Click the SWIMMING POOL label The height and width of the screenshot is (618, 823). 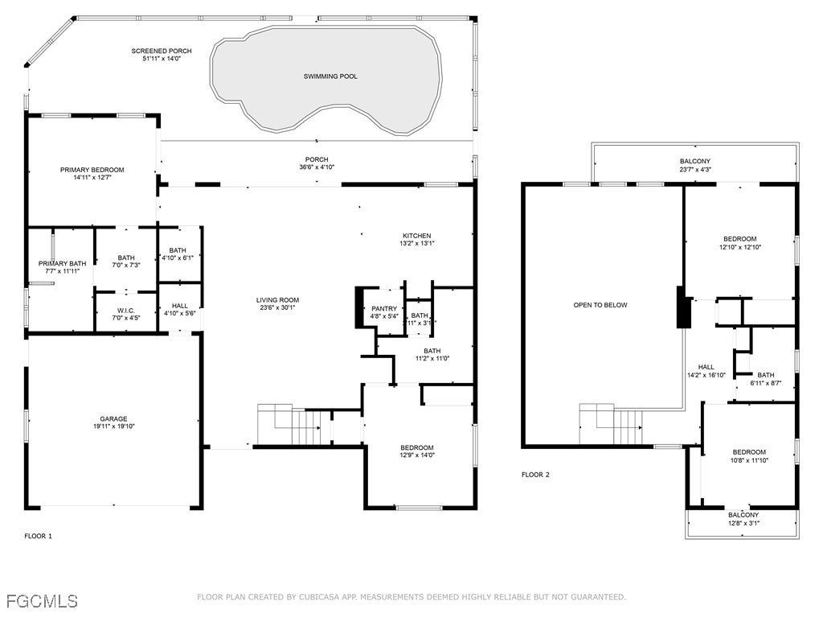[x=330, y=76]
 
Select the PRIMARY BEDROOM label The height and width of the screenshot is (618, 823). [x=92, y=170]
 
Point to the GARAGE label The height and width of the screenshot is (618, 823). [x=113, y=418]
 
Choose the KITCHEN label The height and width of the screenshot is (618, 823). [x=417, y=236]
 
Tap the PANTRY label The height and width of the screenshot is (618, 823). [x=384, y=308]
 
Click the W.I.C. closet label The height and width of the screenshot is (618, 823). [x=125, y=311]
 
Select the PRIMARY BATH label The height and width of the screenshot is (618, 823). [x=62, y=263]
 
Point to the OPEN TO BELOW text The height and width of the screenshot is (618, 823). [x=600, y=305]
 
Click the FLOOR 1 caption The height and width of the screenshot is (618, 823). [x=38, y=536]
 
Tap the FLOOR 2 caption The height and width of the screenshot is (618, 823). [x=535, y=475]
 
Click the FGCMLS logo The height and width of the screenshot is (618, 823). [x=42, y=600]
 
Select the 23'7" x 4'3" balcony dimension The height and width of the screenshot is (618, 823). [x=695, y=170]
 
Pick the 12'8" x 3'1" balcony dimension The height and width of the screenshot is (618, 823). [x=743, y=523]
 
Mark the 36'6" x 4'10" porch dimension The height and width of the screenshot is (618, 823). [x=317, y=167]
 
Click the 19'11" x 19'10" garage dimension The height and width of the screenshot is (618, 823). [x=113, y=426]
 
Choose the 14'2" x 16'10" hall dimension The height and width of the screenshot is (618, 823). [x=706, y=375]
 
